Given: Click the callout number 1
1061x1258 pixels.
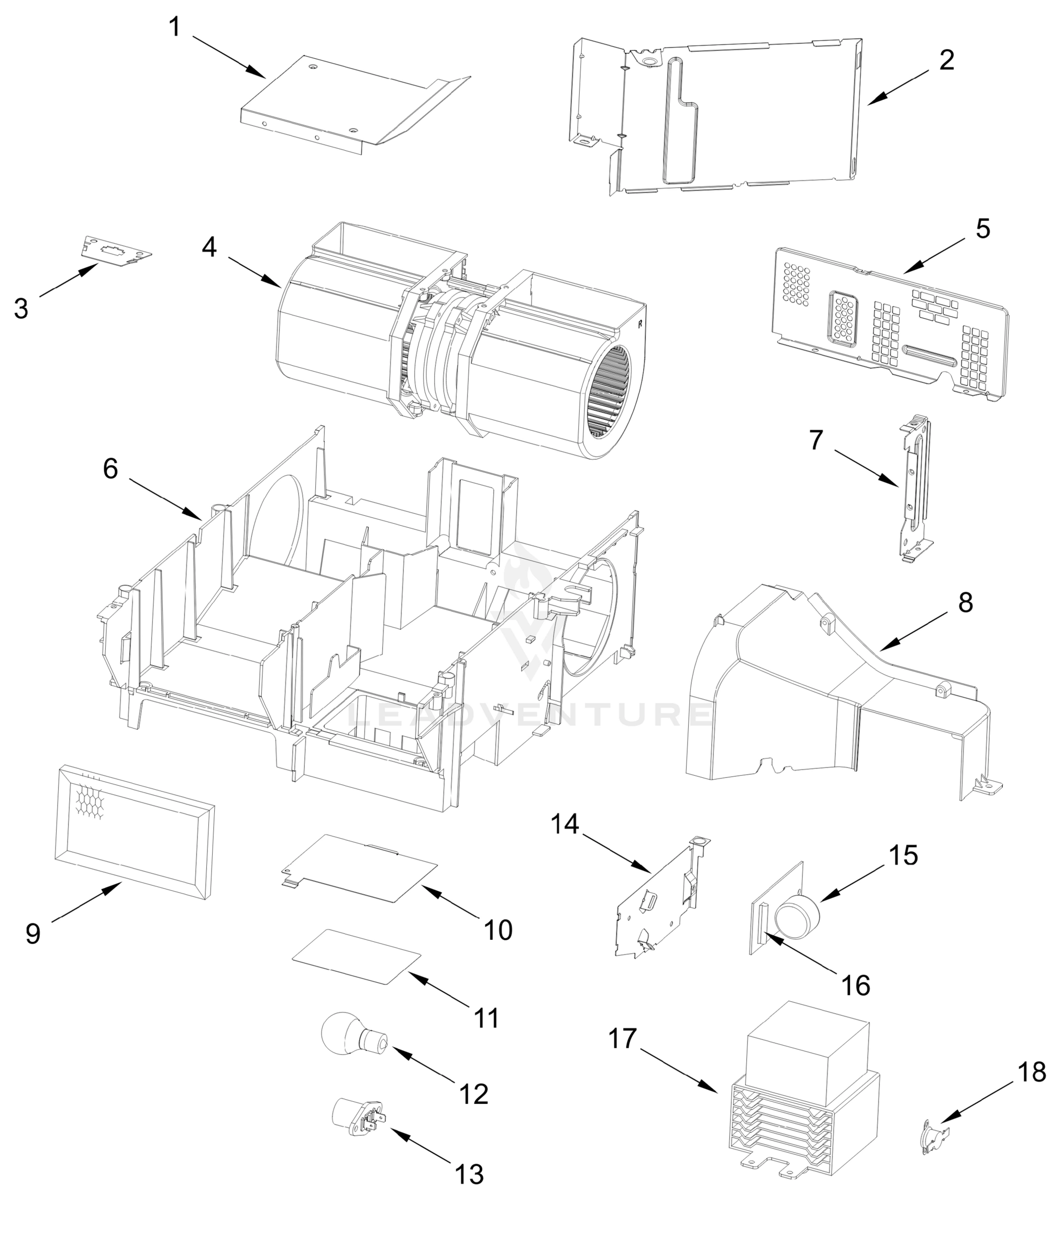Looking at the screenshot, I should pyautogui.click(x=174, y=27).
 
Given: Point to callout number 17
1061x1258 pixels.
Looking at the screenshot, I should pyautogui.click(x=622, y=1038).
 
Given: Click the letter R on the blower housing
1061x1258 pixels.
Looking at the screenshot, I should pyautogui.click(x=641, y=323).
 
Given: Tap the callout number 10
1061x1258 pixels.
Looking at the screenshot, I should pyautogui.click(x=498, y=930).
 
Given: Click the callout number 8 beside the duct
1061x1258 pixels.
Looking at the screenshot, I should pyautogui.click(x=965, y=602).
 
